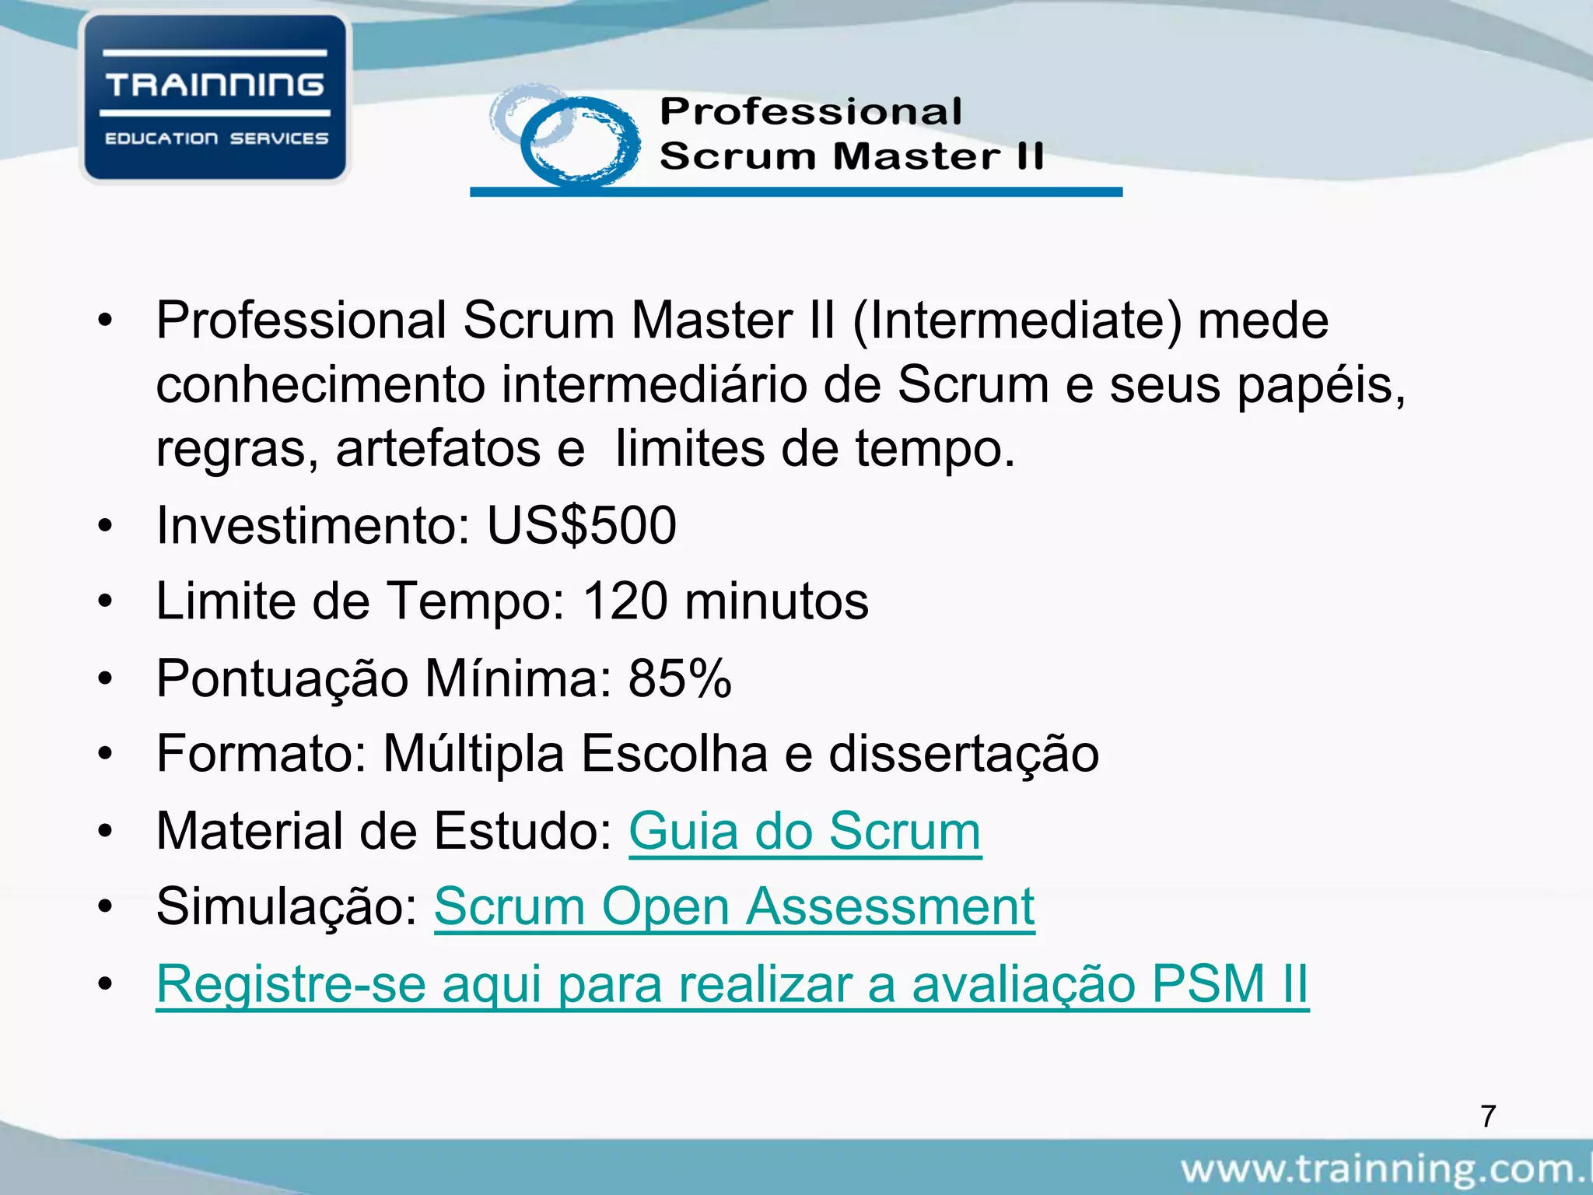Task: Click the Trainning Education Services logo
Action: pyautogui.click(x=215, y=99)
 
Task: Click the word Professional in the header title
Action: pyautogui.click(x=811, y=111)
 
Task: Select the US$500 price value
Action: pyautogui.click(x=582, y=526)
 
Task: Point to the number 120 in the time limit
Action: pyautogui.click(x=625, y=601)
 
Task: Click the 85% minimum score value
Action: pyautogui.click(x=680, y=678)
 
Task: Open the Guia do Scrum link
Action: pyautogui.click(x=804, y=831)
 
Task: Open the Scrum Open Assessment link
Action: pyautogui.click(x=733, y=906)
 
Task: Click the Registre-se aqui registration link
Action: pyautogui.click(x=731, y=983)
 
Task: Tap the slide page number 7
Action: pyautogui.click(x=1488, y=1116)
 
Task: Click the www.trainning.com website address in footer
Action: pyautogui.click(x=1385, y=1169)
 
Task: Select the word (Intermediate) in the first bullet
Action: pyautogui.click(x=1017, y=321)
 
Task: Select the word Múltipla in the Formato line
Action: pyautogui.click(x=473, y=754)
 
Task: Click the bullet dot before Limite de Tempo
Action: pyautogui.click(x=106, y=601)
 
